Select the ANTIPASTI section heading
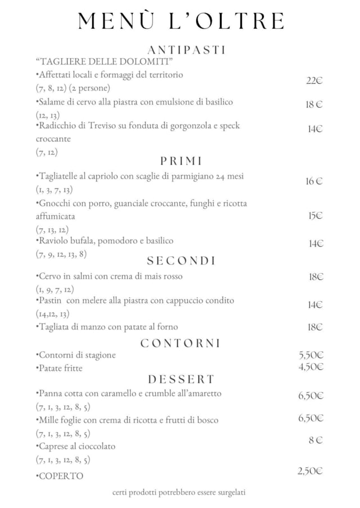[186, 49]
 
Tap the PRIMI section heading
[181, 161]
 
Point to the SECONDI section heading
[181, 261]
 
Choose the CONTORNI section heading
[180, 343]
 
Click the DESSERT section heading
[181, 379]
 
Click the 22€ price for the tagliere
[314, 81]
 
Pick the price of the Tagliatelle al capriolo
[314, 181]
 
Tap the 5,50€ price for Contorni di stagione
[311, 355]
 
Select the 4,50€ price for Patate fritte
[311, 367]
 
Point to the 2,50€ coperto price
[310, 471]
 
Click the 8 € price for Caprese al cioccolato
[315, 441]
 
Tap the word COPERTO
[60, 476]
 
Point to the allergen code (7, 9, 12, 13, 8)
[61, 254]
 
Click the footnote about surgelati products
[179, 492]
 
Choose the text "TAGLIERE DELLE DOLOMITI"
[103, 61]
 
